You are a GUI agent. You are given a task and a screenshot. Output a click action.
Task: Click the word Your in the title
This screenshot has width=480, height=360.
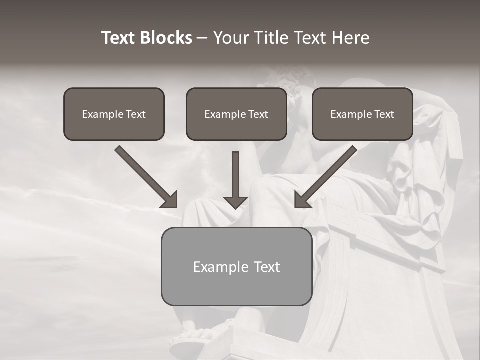tap(230, 38)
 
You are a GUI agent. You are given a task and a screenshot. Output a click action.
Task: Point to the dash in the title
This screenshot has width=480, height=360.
tap(202, 38)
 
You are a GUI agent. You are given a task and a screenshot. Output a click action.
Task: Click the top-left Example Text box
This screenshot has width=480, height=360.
tap(114, 114)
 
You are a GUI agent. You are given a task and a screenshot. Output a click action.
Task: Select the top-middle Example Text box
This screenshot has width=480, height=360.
tap(236, 114)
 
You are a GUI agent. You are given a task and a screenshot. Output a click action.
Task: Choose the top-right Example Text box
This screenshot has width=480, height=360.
tap(362, 114)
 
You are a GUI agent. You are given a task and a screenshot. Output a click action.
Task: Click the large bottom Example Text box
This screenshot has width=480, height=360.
tap(236, 266)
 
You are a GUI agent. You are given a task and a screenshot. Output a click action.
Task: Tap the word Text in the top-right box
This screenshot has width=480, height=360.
tap(384, 114)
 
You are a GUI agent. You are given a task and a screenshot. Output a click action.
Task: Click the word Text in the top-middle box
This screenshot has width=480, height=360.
tap(258, 114)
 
